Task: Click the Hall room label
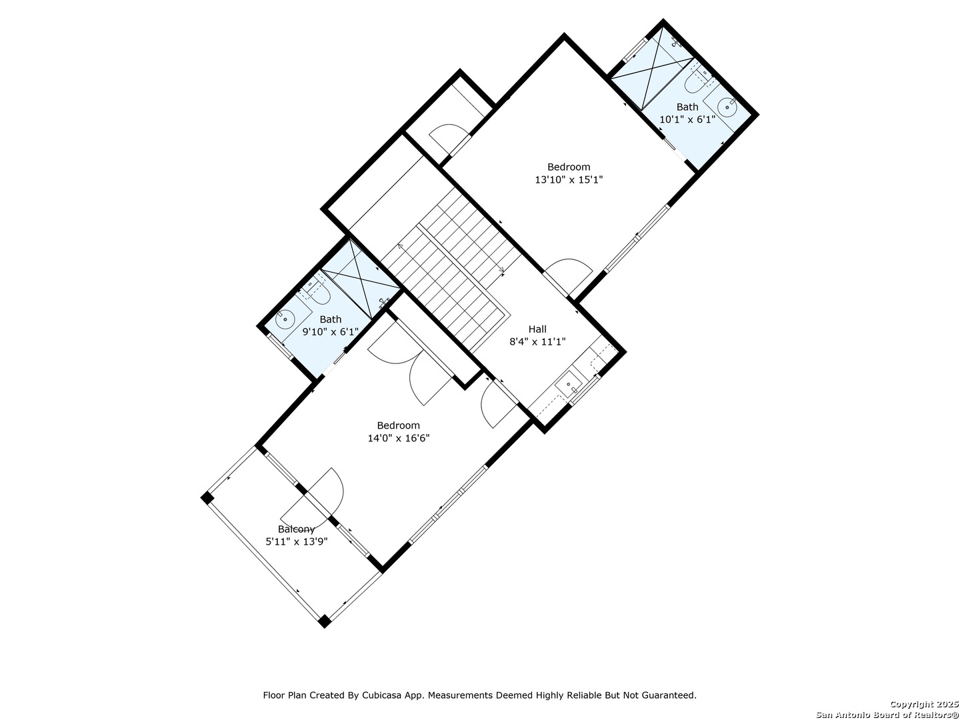(537, 329)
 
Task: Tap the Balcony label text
(297, 529)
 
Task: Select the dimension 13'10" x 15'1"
(569, 179)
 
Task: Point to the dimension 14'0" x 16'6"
(399, 438)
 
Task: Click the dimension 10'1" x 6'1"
(687, 119)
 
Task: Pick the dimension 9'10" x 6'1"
(331, 332)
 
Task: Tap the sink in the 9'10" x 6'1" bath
(285, 319)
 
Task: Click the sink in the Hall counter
(569, 384)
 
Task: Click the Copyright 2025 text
(924, 704)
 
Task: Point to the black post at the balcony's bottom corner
(324, 621)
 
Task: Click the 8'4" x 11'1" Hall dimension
(537, 341)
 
